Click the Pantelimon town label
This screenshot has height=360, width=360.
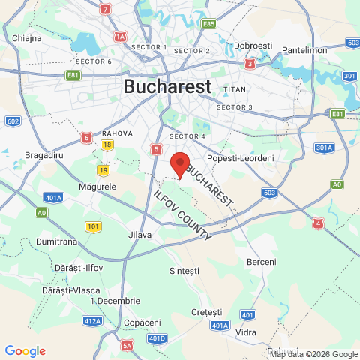point(306,50)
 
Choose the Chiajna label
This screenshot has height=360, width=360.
point(27,37)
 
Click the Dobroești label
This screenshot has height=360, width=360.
point(253,46)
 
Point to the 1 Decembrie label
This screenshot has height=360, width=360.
point(114,300)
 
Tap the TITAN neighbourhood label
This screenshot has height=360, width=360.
point(235,89)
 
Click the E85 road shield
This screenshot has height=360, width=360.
point(208,23)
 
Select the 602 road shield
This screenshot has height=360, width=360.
point(13,121)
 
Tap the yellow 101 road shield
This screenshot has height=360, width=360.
point(94,226)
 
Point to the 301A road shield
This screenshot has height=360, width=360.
point(324,148)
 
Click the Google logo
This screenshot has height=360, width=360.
point(25,351)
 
